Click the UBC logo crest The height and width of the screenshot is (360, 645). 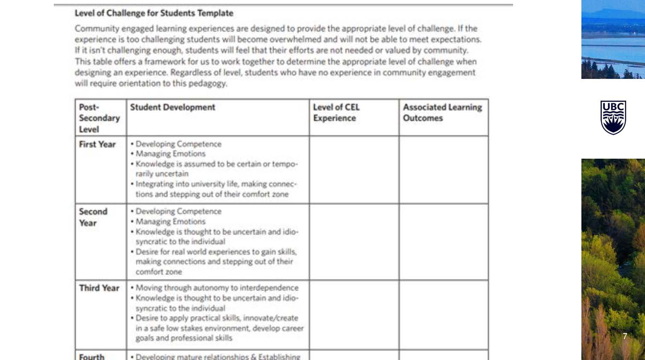(613, 117)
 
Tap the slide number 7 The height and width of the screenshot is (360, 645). (625, 336)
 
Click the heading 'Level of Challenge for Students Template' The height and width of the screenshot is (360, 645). (154, 13)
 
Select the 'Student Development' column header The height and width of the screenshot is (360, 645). (172, 107)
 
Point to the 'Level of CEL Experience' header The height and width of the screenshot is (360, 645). (336, 113)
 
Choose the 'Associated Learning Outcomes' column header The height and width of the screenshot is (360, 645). (442, 113)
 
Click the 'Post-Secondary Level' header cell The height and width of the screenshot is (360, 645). (99, 118)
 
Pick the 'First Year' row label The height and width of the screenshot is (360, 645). (97, 145)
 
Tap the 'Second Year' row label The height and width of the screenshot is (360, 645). (93, 217)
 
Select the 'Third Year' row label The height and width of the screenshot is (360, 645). (99, 288)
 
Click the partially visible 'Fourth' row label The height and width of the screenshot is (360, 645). (91, 356)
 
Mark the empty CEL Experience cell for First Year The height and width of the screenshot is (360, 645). (354, 170)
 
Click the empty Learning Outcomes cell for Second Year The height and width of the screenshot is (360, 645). (444, 242)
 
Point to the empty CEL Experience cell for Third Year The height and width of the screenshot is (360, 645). (354, 315)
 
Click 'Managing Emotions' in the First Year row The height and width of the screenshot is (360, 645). (170, 154)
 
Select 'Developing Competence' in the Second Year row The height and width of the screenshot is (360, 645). (178, 212)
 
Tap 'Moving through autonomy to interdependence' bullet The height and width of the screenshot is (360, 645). (217, 288)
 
